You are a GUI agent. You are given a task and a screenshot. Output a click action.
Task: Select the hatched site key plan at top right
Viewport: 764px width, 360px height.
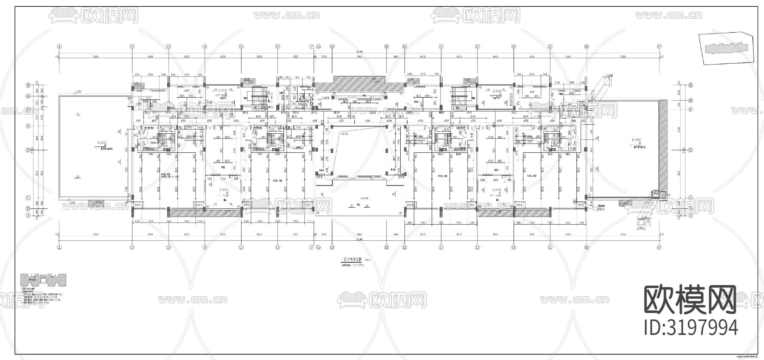tap(726, 48)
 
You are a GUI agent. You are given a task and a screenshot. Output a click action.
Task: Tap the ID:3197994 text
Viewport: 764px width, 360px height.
tap(691, 328)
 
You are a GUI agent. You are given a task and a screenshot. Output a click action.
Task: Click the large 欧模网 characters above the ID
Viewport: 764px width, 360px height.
tap(691, 299)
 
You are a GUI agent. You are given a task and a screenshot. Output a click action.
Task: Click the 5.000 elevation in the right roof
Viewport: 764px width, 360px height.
tap(635, 140)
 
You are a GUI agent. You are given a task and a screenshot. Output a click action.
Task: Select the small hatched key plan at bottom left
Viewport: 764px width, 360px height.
tap(43, 281)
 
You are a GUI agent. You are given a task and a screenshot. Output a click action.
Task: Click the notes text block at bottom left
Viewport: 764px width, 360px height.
tap(42, 297)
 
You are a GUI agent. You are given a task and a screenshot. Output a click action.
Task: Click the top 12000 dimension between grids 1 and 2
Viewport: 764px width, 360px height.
tap(95, 56)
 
